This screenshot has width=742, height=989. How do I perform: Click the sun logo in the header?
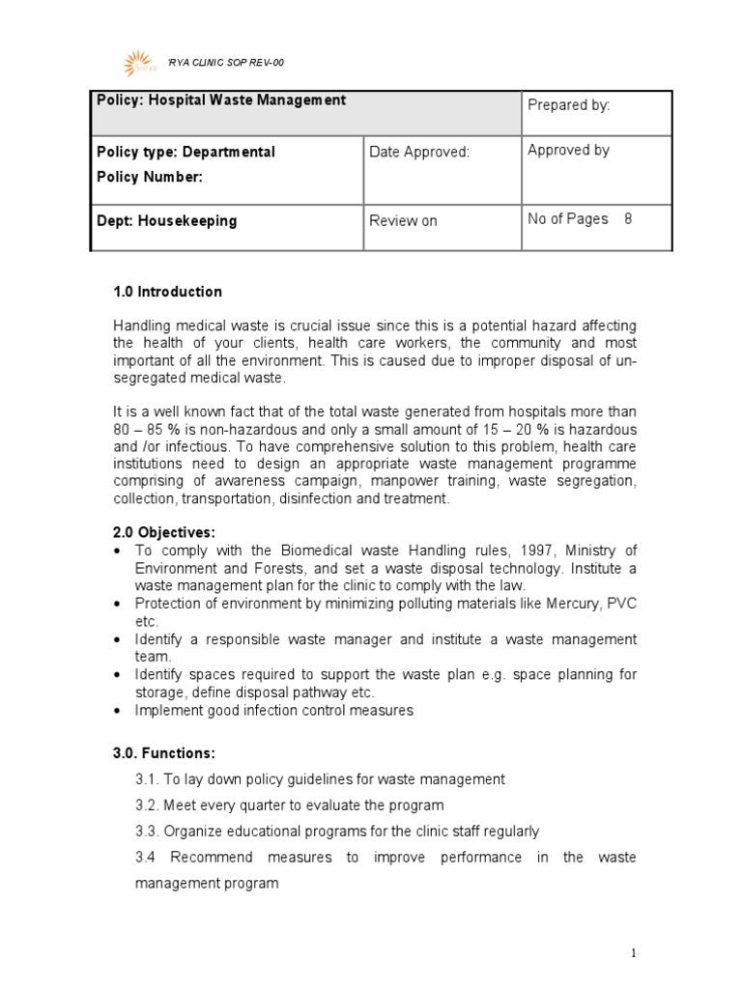138,64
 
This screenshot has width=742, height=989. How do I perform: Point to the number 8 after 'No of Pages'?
628,219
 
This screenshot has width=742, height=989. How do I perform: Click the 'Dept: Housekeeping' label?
167,220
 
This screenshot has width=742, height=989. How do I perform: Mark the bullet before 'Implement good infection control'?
116,711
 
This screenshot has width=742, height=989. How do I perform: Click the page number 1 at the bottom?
633,953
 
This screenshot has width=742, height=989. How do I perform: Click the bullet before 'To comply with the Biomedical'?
116,551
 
